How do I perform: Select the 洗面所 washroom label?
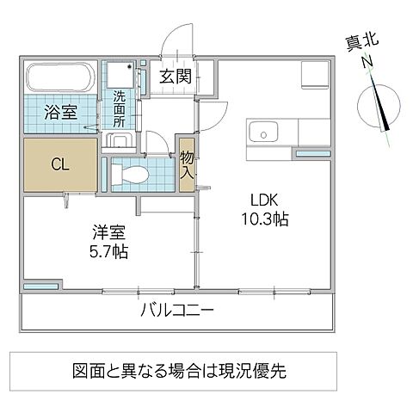tap(120, 109)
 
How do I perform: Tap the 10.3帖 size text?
tap(263, 218)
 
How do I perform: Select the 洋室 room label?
tap(110, 231)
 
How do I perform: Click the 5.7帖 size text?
tap(110, 252)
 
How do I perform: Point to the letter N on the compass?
tap(367, 62)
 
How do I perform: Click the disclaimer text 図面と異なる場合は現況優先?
tap(178, 372)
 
